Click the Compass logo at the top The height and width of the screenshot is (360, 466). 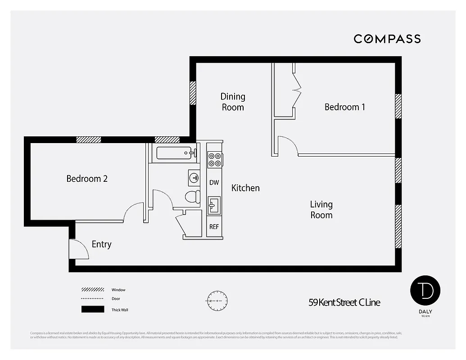point(387,39)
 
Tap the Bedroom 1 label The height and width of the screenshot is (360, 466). point(345,107)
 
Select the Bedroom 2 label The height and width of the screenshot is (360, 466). point(87,179)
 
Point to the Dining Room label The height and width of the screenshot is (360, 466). point(233,102)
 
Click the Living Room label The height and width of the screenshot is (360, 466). point(321,210)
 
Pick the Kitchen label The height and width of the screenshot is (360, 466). point(245,188)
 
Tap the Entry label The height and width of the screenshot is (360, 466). point(101,244)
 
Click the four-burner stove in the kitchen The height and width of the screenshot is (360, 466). point(214,159)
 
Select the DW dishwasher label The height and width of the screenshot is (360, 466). point(214,183)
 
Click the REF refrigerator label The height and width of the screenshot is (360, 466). point(214,227)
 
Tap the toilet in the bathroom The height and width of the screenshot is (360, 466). point(193,197)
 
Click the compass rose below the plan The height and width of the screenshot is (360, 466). point(217,300)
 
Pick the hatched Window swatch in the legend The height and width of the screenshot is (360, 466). point(92,290)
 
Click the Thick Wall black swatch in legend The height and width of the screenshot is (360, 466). point(92,310)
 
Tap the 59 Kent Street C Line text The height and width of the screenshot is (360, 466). point(344,302)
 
